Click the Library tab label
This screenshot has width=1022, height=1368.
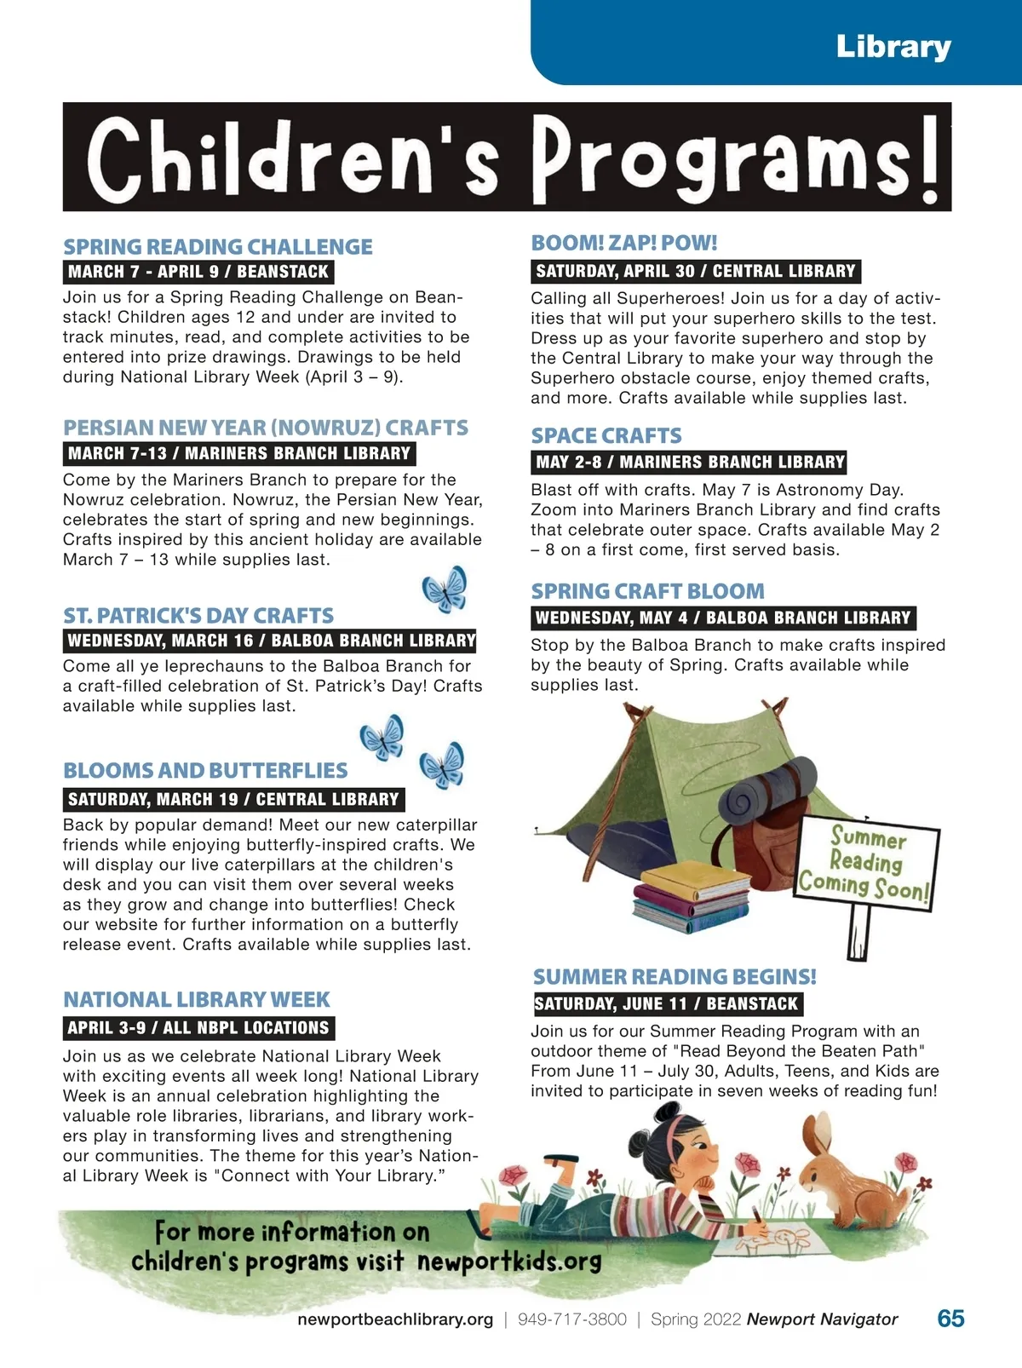tap(893, 46)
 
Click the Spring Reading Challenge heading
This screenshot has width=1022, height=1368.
tap(218, 247)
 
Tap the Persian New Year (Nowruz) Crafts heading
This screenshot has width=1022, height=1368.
tap(266, 428)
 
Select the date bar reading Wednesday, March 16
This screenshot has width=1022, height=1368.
tap(271, 641)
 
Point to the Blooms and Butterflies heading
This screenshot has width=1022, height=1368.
tap(205, 771)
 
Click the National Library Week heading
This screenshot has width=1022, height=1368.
tap(197, 999)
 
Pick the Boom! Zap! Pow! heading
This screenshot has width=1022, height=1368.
tap(624, 243)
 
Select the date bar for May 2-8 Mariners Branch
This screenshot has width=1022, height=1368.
tap(690, 463)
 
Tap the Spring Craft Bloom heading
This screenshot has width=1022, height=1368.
tap(648, 591)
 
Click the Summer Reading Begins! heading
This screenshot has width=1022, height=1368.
tap(675, 977)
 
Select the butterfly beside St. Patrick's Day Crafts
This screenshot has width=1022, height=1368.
tap(445, 588)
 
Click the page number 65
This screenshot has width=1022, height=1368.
tap(950, 1319)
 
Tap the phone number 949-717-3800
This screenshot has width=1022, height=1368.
tap(571, 1319)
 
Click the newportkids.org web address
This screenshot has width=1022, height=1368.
tap(509, 1261)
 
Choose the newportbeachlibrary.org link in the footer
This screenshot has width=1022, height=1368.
tap(395, 1319)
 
